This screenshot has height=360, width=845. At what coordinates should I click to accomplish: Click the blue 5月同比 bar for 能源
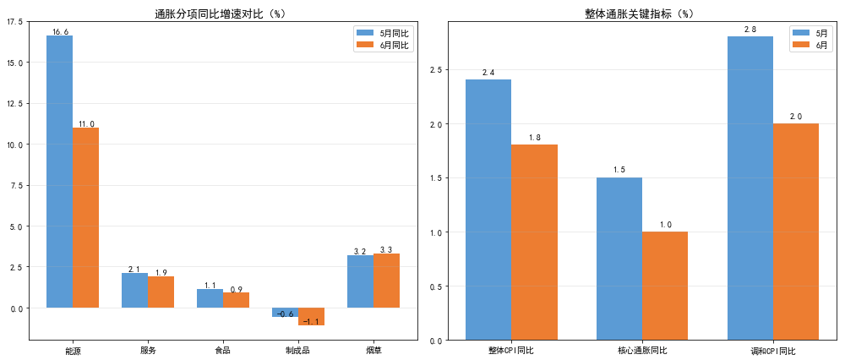pos(59,172)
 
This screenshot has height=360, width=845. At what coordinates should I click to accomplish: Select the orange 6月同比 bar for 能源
pos(85,218)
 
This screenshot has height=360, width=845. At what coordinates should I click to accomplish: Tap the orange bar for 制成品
pos(312,316)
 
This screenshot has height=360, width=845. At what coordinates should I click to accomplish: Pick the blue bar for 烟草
pos(360,281)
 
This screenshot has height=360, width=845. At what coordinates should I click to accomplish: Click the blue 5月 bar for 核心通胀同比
pos(619,259)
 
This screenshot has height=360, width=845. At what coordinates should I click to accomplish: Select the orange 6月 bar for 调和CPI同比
pos(796,232)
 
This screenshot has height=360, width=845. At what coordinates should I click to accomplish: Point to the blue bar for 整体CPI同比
pos(488,210)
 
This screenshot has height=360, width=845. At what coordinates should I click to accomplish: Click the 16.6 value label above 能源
pos(60,32)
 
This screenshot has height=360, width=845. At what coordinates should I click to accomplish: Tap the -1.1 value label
pos(312,322)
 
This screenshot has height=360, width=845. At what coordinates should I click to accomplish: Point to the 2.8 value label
pos(750,30)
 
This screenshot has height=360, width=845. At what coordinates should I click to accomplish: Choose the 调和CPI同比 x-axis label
pos(773,351)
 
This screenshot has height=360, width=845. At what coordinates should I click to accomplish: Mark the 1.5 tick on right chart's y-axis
pos(435,178)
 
